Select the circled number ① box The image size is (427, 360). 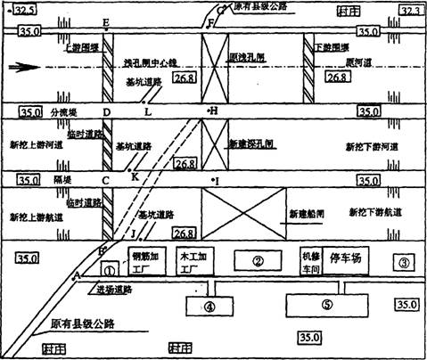pos(109,267)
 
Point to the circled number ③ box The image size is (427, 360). pos(403,262)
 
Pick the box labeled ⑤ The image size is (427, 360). pos(326,304)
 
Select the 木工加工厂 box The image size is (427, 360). pos(192,261)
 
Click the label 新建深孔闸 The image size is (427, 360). pos(249,143)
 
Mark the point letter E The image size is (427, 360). pos(107,21)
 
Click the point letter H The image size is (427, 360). pos(214,110)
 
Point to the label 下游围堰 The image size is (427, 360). pos(334,45)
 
